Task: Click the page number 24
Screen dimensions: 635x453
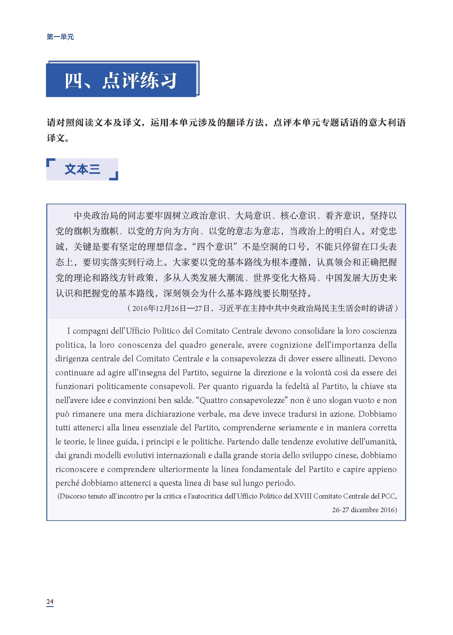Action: pyautogui.click(x=50, y=601)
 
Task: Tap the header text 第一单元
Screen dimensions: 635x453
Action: pyautogui.click(x=60, y=37)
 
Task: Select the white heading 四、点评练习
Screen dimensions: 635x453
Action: pyautogui.click(x=121, y=81)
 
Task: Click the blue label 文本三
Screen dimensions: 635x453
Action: pyautogui.click(x=82, y=169)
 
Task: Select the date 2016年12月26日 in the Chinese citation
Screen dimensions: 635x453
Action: pyautogui.click(x=159, y=308)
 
